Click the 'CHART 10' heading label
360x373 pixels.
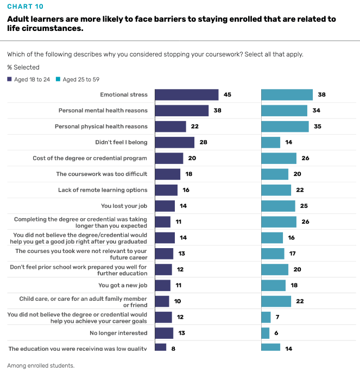26,7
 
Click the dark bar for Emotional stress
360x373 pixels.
186,94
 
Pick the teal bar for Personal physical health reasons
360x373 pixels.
285,127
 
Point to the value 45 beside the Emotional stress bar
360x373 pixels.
228,94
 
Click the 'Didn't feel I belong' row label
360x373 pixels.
121,142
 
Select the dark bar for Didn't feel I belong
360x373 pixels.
174,142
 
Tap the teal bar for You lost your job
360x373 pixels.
278,206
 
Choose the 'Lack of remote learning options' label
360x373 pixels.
103,190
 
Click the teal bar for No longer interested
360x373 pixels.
266,333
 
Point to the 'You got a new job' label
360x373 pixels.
123,285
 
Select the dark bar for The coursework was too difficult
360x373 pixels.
167,174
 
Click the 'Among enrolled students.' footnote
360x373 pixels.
41,365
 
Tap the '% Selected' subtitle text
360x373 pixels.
23,67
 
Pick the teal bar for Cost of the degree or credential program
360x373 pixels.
279,158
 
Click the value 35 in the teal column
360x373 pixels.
317,127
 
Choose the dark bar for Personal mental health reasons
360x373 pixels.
181,111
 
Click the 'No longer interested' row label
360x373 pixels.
118,333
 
